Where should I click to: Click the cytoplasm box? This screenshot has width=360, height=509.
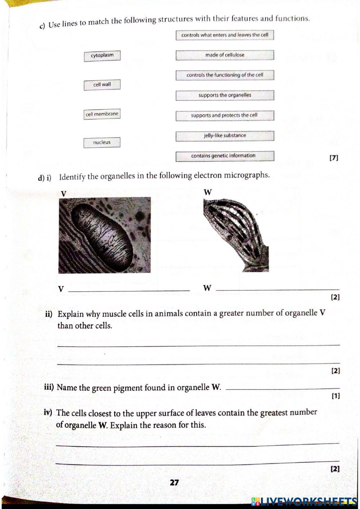pos(102,56)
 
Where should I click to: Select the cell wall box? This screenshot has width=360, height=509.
pos(102,85)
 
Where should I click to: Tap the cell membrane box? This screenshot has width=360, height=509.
pos(102,114)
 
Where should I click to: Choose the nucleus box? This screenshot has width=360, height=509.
pos(102,143)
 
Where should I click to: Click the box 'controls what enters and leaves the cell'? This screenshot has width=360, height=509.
pos(225,35)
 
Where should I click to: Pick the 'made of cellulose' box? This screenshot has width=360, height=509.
pos(225,55)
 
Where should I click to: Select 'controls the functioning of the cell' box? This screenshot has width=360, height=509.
pos(225,75)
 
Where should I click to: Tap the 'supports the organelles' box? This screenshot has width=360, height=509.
pos(225,95)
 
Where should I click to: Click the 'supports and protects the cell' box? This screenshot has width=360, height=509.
pos(225,116)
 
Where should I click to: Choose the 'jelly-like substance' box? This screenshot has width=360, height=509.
pos(225,136)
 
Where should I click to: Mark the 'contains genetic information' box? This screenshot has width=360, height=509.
pos(225,156)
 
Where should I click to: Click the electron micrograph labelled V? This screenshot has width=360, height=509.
pos(104,235)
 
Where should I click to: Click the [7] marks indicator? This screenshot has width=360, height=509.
pos(334,157)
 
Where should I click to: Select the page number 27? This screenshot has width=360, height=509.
pos(174,483)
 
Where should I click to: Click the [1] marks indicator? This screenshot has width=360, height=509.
pos(335,396)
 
